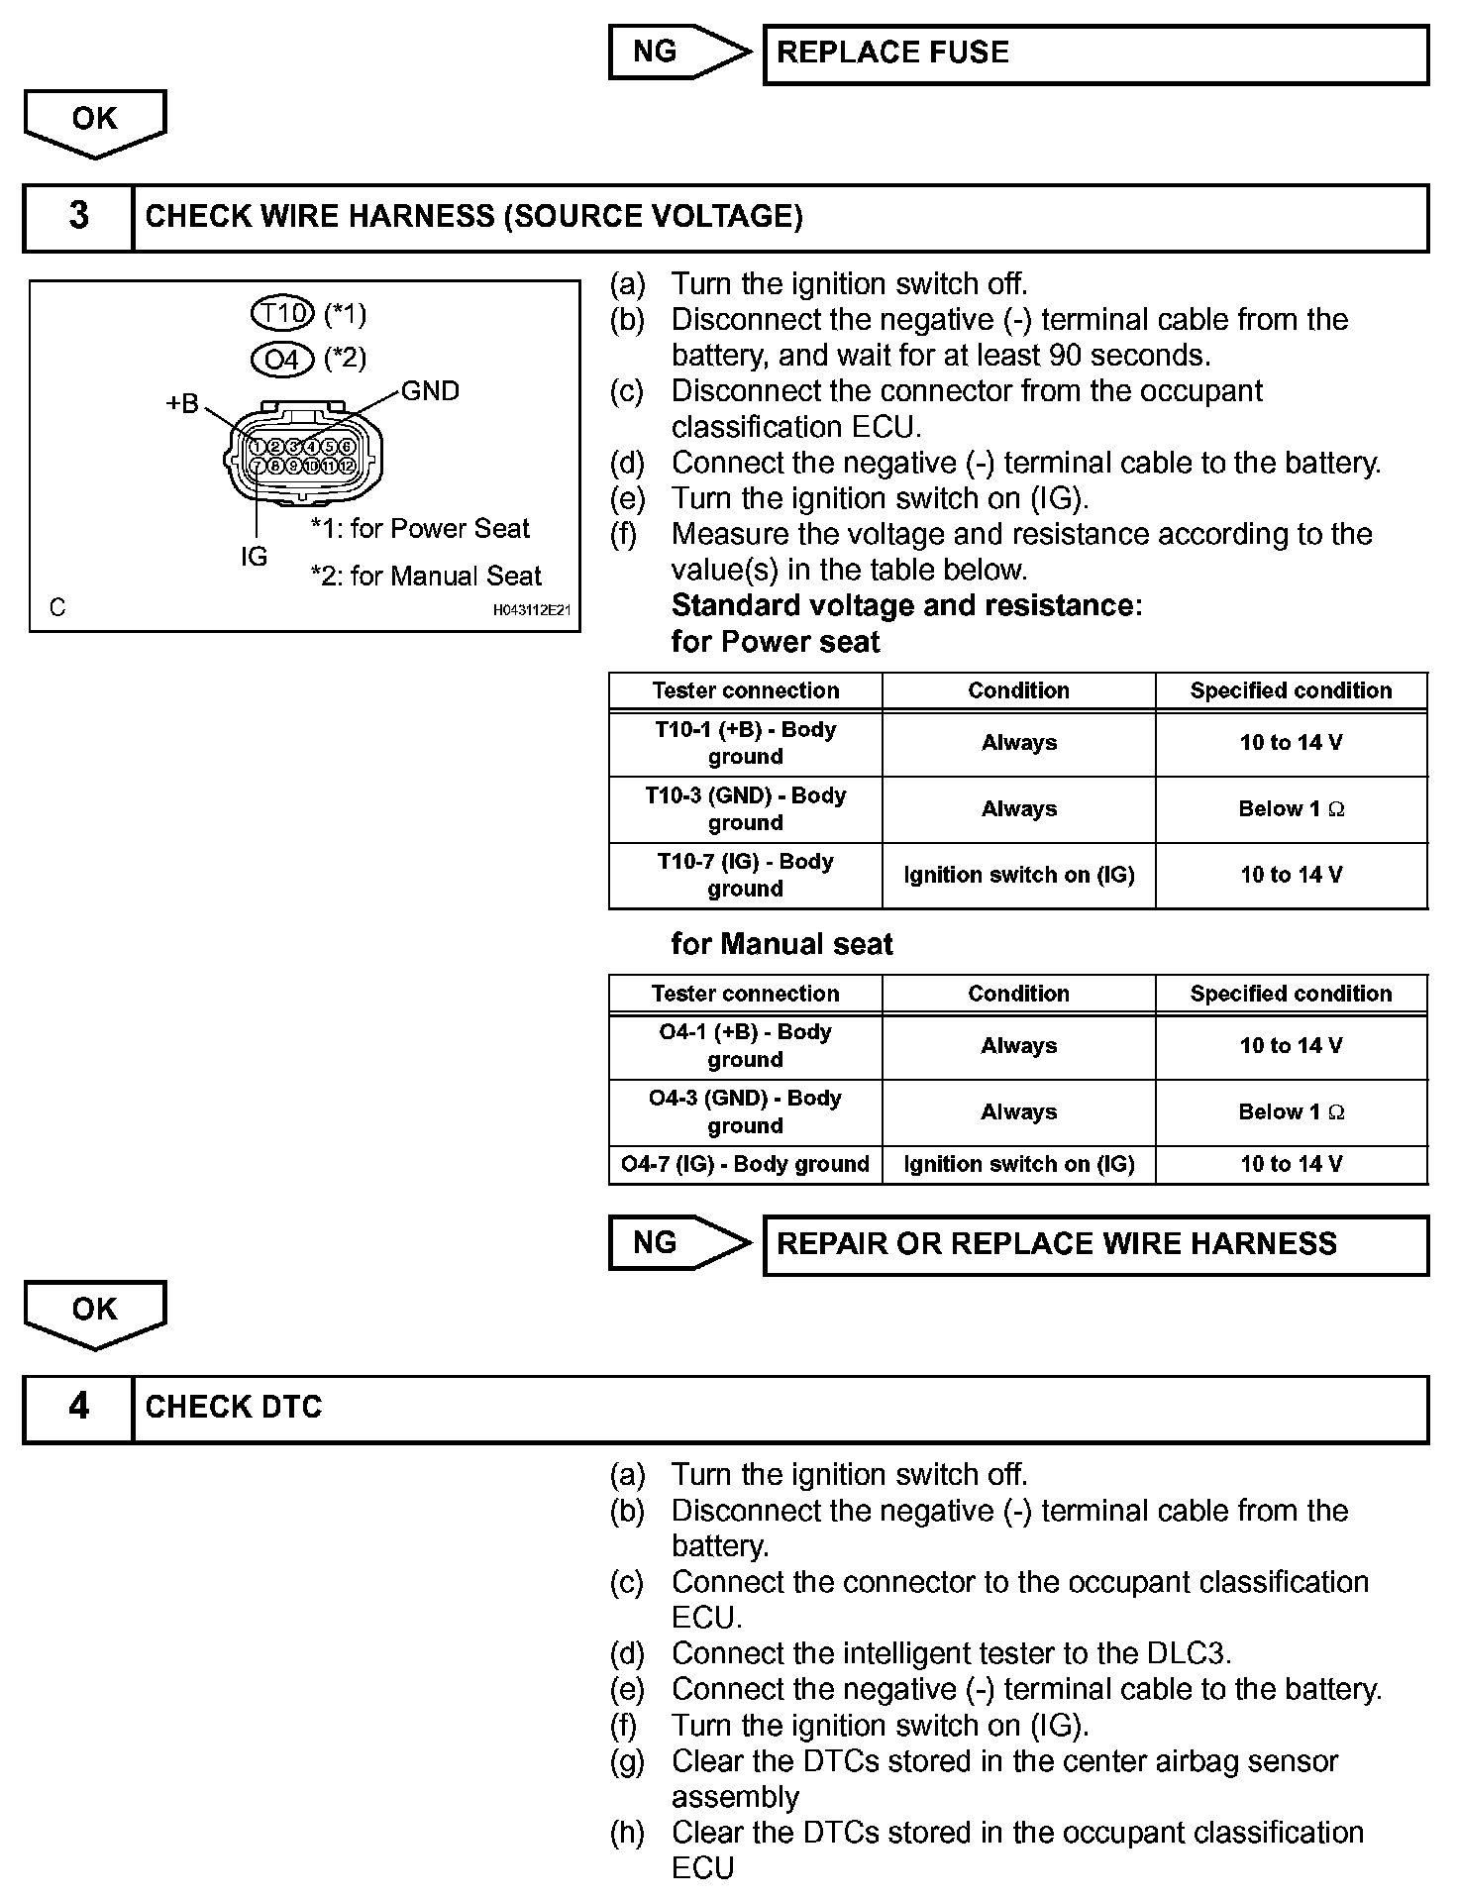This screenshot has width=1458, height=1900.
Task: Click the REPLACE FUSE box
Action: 1095,53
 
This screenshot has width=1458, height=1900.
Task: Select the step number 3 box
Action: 78,217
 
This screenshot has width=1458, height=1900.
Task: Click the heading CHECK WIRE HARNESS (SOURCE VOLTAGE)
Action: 473,217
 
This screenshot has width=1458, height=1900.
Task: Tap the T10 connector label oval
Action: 283,314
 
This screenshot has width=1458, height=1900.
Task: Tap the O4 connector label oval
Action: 283,358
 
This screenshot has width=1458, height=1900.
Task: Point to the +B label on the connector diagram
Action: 182,403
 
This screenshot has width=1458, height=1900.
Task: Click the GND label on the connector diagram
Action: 430,391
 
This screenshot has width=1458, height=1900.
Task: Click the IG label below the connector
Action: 254,557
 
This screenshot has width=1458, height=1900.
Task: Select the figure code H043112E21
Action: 532,610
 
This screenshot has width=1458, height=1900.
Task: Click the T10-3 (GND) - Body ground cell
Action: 745,809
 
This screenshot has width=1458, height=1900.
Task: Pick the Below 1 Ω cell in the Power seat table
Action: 1291,809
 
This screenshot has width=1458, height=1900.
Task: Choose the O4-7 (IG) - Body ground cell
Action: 745,1164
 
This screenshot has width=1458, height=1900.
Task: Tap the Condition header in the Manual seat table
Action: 1018,994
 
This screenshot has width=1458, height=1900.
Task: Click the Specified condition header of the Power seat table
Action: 1291,690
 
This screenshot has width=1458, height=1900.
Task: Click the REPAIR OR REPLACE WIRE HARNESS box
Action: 1095,1244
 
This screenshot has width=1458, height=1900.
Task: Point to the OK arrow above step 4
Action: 95,1313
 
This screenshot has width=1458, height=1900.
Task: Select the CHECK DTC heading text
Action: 234,1408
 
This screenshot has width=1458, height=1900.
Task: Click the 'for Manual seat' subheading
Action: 781,944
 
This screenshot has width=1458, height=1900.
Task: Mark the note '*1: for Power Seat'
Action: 420,529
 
